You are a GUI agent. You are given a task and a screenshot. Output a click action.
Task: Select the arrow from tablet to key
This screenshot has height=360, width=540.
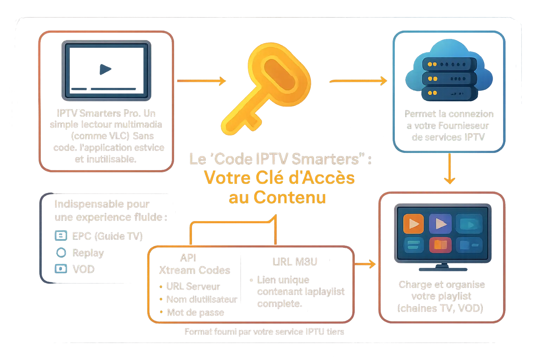(x=201, y=81)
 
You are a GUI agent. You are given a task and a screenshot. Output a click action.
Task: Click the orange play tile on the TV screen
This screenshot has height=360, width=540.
(x=413, y=224)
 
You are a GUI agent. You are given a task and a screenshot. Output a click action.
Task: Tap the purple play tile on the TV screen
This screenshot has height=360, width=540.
(x=440, y=224)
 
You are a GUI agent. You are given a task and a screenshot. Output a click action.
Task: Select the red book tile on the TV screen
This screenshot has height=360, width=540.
(x=440, y=245)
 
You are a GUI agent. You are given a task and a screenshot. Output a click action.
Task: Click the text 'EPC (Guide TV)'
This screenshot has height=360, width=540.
(x=108, y=236)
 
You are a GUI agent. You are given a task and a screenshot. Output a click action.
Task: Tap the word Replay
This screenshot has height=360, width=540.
(x=88, y=253)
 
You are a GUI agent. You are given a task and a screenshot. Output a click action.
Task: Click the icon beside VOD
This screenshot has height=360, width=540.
(x=61, y=269)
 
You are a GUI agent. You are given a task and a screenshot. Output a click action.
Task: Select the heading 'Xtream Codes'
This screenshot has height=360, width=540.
(x=195, y=270)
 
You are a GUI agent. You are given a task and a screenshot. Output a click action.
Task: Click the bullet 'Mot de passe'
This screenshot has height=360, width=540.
(x=195, y=313)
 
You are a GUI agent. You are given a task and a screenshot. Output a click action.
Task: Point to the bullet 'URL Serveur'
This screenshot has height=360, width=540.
(x=193, y=286)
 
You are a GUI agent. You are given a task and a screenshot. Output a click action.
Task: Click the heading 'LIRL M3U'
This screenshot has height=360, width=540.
(x=295, y=262)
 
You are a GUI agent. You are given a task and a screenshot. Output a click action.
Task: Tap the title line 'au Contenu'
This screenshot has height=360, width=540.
(x=277, y=198)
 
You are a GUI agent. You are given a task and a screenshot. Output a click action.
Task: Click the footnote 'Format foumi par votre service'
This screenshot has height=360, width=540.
(x=264, y=332)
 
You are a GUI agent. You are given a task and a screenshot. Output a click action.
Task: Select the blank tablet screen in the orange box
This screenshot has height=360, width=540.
(x=106, y=70)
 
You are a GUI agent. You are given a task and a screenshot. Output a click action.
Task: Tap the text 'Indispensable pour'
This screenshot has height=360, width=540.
(x=101, y=204)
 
